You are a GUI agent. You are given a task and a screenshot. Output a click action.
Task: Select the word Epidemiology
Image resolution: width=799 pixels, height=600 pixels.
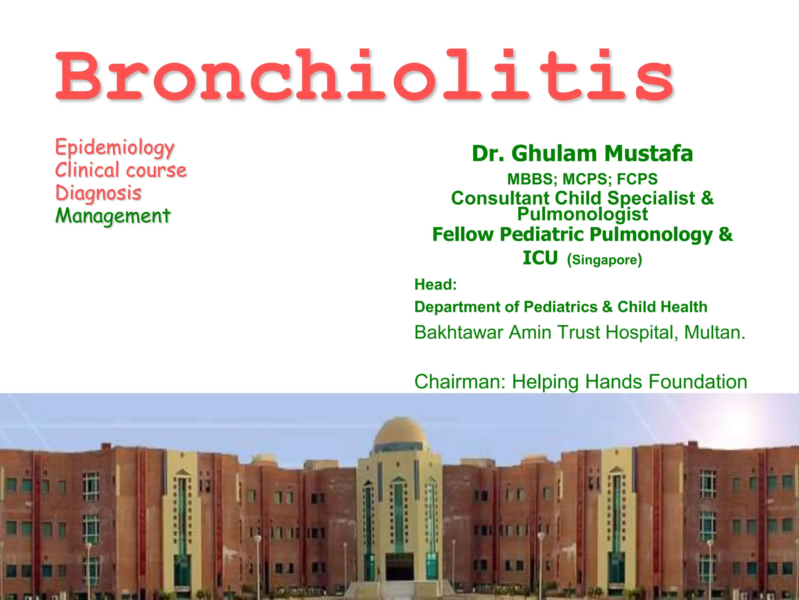point(115,148)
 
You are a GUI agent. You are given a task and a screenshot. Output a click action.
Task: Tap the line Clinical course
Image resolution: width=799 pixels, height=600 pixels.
point(121,170)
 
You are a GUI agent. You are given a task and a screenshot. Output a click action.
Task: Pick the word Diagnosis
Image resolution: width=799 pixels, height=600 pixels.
point(98,193)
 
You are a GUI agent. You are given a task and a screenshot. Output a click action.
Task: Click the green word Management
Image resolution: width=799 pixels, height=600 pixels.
point(113,216)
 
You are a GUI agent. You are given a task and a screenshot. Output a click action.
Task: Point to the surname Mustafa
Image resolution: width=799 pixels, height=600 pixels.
point(649,154)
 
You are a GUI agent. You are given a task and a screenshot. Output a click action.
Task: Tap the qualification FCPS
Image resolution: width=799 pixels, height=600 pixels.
point(637,179)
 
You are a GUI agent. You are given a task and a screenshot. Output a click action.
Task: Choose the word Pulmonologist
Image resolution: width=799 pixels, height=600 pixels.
point(582,214)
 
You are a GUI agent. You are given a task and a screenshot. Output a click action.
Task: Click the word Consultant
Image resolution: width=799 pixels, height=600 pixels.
point(500,198)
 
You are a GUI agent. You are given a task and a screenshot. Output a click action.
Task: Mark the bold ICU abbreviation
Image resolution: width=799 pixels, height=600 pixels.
point(540,258)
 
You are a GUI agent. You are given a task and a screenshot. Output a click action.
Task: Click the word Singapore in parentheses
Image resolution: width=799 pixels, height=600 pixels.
point(604,260)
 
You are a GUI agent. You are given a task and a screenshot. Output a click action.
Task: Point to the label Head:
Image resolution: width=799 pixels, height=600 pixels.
point(435,284)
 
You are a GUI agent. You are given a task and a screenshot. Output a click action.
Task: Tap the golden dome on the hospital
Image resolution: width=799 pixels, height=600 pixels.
point(399,434)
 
